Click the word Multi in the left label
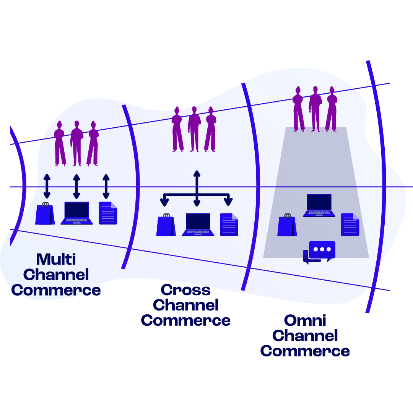(56, 259)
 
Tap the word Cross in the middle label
(186, 290)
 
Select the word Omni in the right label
(305, 320)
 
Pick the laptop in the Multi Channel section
(76, 213)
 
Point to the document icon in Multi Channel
(108, 213)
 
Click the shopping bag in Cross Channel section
(166, 226)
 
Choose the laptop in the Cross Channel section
(198, 225)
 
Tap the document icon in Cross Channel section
(229, 225)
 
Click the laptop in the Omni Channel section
(319, 206)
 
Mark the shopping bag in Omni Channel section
(287, 226)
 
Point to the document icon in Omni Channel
(350, 225)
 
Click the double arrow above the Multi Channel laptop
(76, 187)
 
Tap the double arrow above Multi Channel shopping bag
(47, 187)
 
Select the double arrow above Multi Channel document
(106, 187)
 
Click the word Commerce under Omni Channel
(305, 351)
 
